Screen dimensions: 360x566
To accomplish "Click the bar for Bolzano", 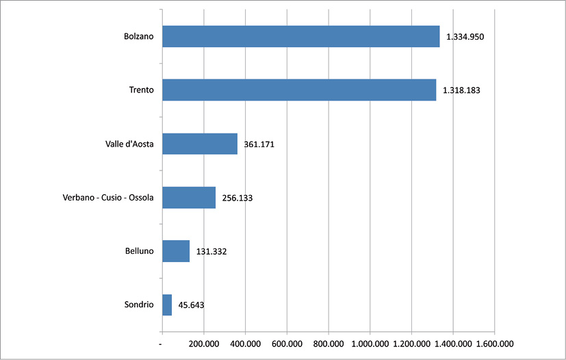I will point(300,37).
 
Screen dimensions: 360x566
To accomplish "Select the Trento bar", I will point(299,90).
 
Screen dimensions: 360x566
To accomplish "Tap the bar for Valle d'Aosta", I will point(200,144).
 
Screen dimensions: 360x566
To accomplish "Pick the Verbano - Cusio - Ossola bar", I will point(189,198).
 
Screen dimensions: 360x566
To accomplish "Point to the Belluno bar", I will point(176,251).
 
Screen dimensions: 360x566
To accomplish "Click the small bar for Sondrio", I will point(167,305).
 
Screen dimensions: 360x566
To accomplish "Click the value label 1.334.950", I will point(465,37).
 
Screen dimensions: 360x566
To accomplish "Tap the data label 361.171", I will point(259,144).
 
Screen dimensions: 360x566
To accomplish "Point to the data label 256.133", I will point(237,198).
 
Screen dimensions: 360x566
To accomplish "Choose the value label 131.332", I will point(211,251).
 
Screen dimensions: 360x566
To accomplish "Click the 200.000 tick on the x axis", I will point(204,344).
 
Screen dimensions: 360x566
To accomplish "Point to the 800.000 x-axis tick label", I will point(329,344).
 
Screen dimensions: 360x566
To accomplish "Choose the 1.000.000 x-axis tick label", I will point(370,344).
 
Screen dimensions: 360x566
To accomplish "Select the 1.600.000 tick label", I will point(494,344).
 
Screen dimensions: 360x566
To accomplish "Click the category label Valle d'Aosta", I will point(127,144).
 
